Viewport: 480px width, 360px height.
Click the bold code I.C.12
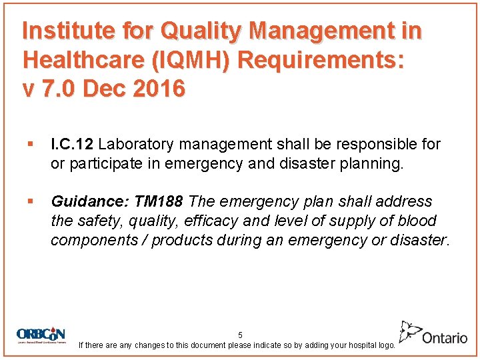coord(73,145)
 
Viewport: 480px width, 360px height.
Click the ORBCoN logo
coord(42,335)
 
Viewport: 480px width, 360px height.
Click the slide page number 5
coord(240,335)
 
